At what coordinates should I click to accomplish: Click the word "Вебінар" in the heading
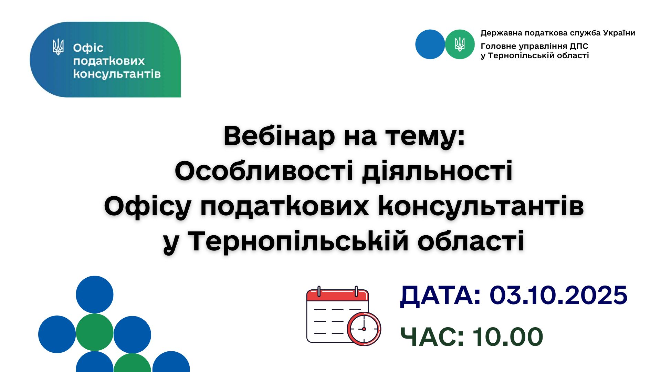279,136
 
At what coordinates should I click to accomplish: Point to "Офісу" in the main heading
148,207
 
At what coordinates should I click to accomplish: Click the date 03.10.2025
558,295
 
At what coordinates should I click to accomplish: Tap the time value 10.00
507,337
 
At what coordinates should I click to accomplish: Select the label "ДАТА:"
440,296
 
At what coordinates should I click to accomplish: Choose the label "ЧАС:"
432,337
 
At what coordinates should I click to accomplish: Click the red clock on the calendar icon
364,329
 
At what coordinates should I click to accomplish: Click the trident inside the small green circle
460,44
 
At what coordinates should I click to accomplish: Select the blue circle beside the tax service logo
430,44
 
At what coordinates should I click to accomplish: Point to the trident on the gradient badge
58,47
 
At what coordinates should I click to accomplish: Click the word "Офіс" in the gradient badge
88,48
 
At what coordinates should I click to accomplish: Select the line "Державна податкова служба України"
558,33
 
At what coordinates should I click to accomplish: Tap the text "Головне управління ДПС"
534,46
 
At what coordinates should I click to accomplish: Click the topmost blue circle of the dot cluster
95,294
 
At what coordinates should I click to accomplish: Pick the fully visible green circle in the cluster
95,332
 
